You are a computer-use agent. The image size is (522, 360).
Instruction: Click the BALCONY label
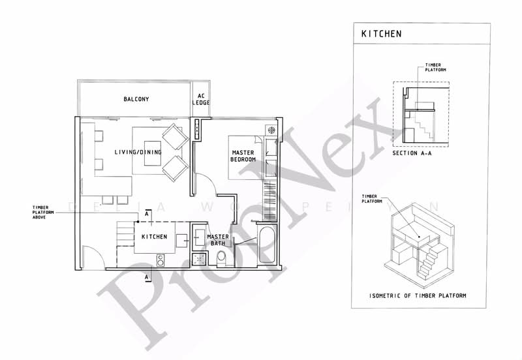click(137, 100)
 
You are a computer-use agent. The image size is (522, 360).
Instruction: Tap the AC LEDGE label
click(201, 100)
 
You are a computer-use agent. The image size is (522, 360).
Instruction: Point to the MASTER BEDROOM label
click(243, 157)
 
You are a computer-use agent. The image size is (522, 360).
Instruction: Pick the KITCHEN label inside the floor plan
click(154, 237)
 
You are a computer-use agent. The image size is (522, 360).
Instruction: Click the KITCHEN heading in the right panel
click(382, 33)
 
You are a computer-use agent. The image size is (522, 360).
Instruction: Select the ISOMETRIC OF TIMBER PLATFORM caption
click(418, 295)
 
